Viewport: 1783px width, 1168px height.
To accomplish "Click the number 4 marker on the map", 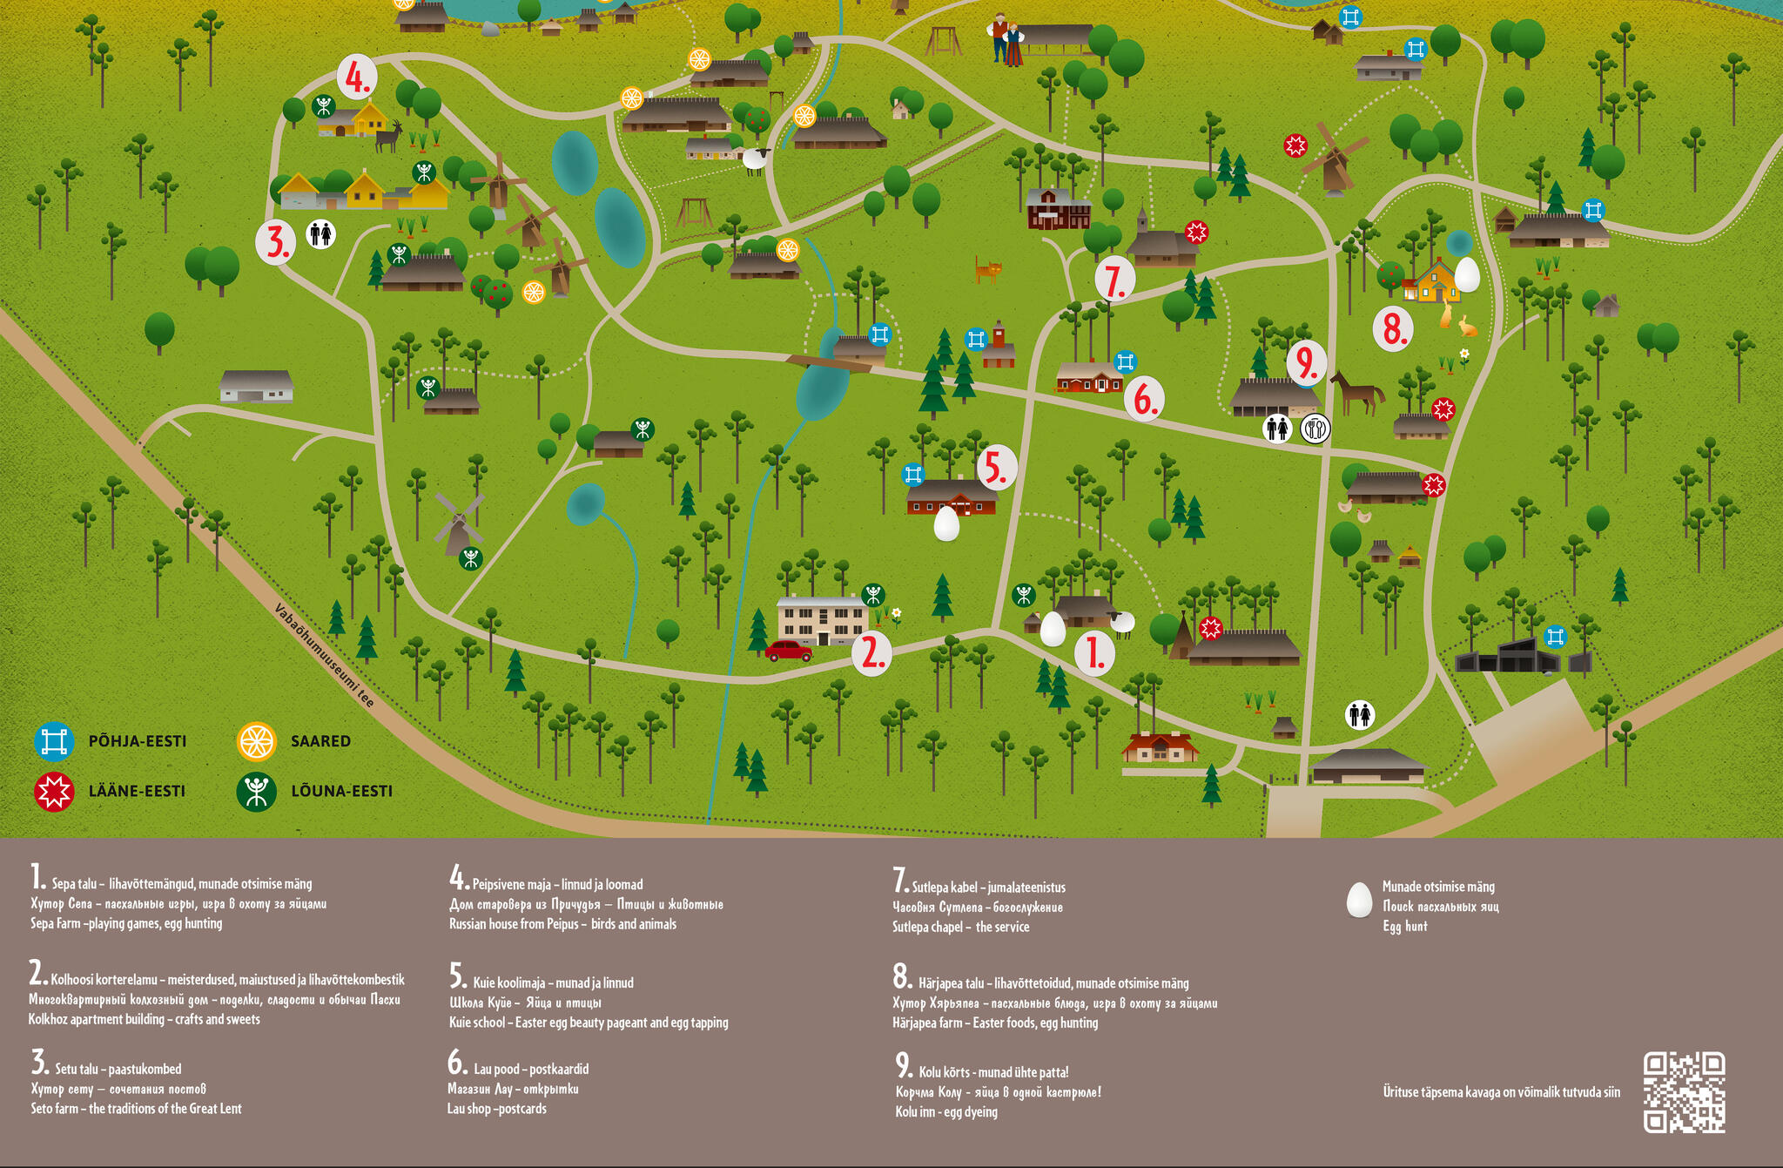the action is (357, 77).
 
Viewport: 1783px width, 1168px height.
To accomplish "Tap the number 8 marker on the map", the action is (1393, 329).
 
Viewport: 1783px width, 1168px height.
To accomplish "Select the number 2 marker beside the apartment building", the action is (871, 652).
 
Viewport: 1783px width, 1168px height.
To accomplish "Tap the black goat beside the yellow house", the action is (389, 136).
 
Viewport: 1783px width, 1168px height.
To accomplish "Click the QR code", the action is (1684, 1092).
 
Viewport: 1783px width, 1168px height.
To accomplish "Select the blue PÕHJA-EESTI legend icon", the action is (54, 742).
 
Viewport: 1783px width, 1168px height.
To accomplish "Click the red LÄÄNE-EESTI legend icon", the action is (54, 792).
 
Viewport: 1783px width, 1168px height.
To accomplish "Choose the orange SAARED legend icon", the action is (257, 742).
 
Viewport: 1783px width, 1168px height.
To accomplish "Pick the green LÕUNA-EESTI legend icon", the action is (257, 792).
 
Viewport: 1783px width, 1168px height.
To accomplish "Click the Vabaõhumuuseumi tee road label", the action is (324, 655).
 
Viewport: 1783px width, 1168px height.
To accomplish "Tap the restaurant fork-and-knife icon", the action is (1315, 429).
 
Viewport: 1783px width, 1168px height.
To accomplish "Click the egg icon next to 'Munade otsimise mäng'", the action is (1359, 901).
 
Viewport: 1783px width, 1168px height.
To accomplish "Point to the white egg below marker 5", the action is (946, 524).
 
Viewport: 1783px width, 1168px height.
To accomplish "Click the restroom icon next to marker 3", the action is (321, 234).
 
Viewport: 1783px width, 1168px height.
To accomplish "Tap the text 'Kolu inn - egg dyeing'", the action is (946, 1112).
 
